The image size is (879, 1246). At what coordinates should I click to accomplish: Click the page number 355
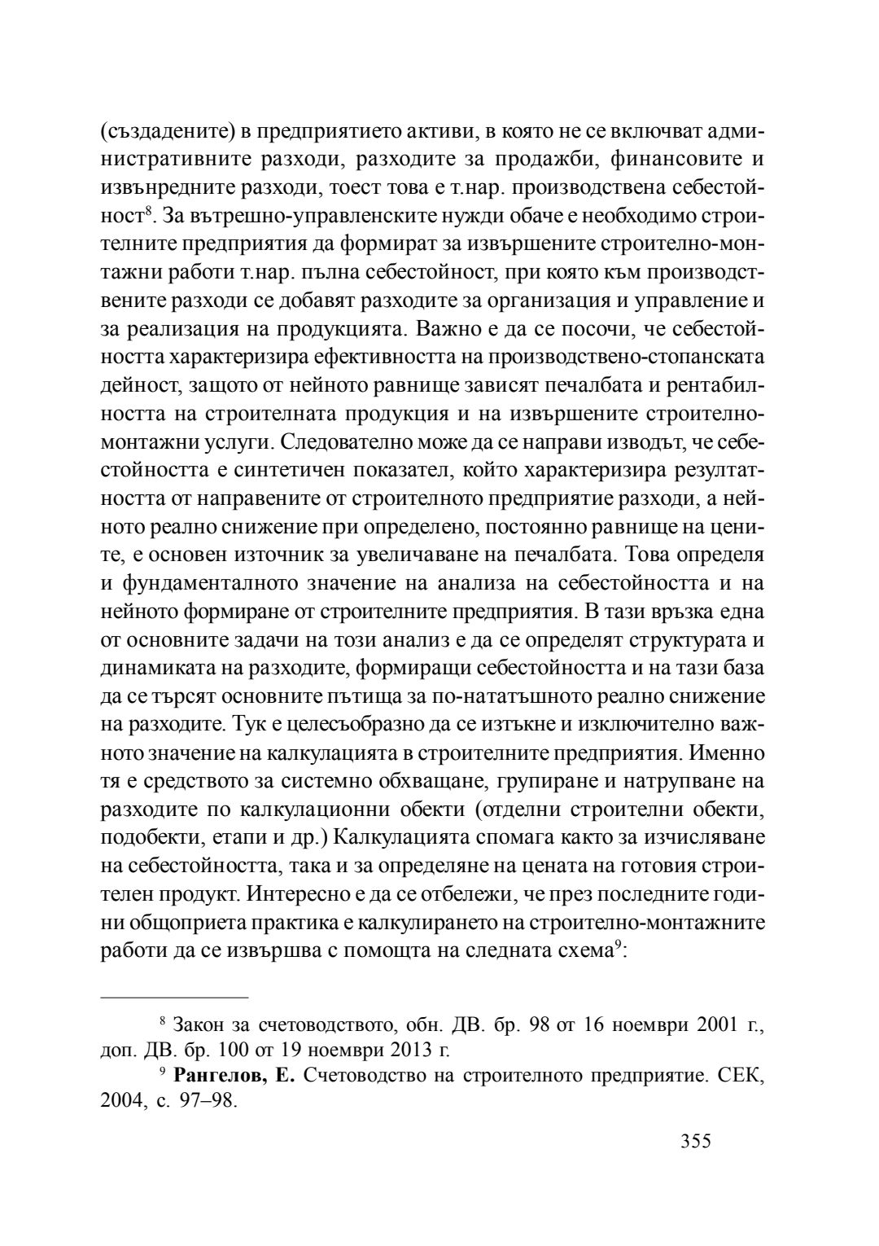tap(696, 1141)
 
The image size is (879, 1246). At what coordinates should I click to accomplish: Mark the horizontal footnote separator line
tap(174, 997)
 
